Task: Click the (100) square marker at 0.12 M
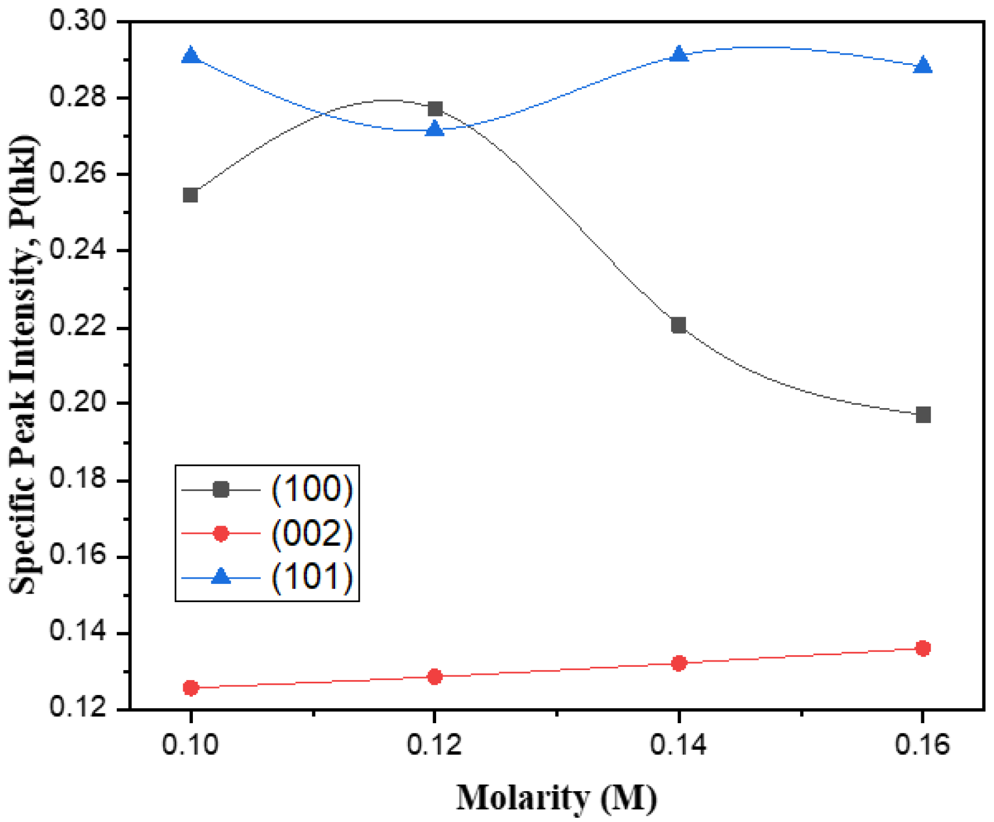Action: (x=435, y=109)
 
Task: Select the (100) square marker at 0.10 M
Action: (x=190, y=195)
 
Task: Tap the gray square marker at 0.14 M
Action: (x=678, y=325)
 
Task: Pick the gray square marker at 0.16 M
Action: (x=923, y=414)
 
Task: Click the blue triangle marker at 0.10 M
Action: (x=190, y=56)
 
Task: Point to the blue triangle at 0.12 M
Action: (x=435, y=129)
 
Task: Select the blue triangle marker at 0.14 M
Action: (x=678, y=54)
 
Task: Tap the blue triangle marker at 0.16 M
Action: (x=923, y=65)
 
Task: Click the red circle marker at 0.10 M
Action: (x=190, y=688)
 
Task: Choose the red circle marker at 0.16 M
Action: (x=923, y=648)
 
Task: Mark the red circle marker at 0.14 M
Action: (x=678, y=663)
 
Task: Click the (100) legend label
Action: (x=312, y=488)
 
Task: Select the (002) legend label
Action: (x=312, y=533)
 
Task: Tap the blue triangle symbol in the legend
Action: (x=220, y=577)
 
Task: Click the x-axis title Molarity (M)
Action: (x=556, y=798)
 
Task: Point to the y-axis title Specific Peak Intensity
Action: (x=24, y=365)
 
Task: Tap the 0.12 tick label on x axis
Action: (x=435, y=745)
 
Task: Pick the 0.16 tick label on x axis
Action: (x=922, y=745)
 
